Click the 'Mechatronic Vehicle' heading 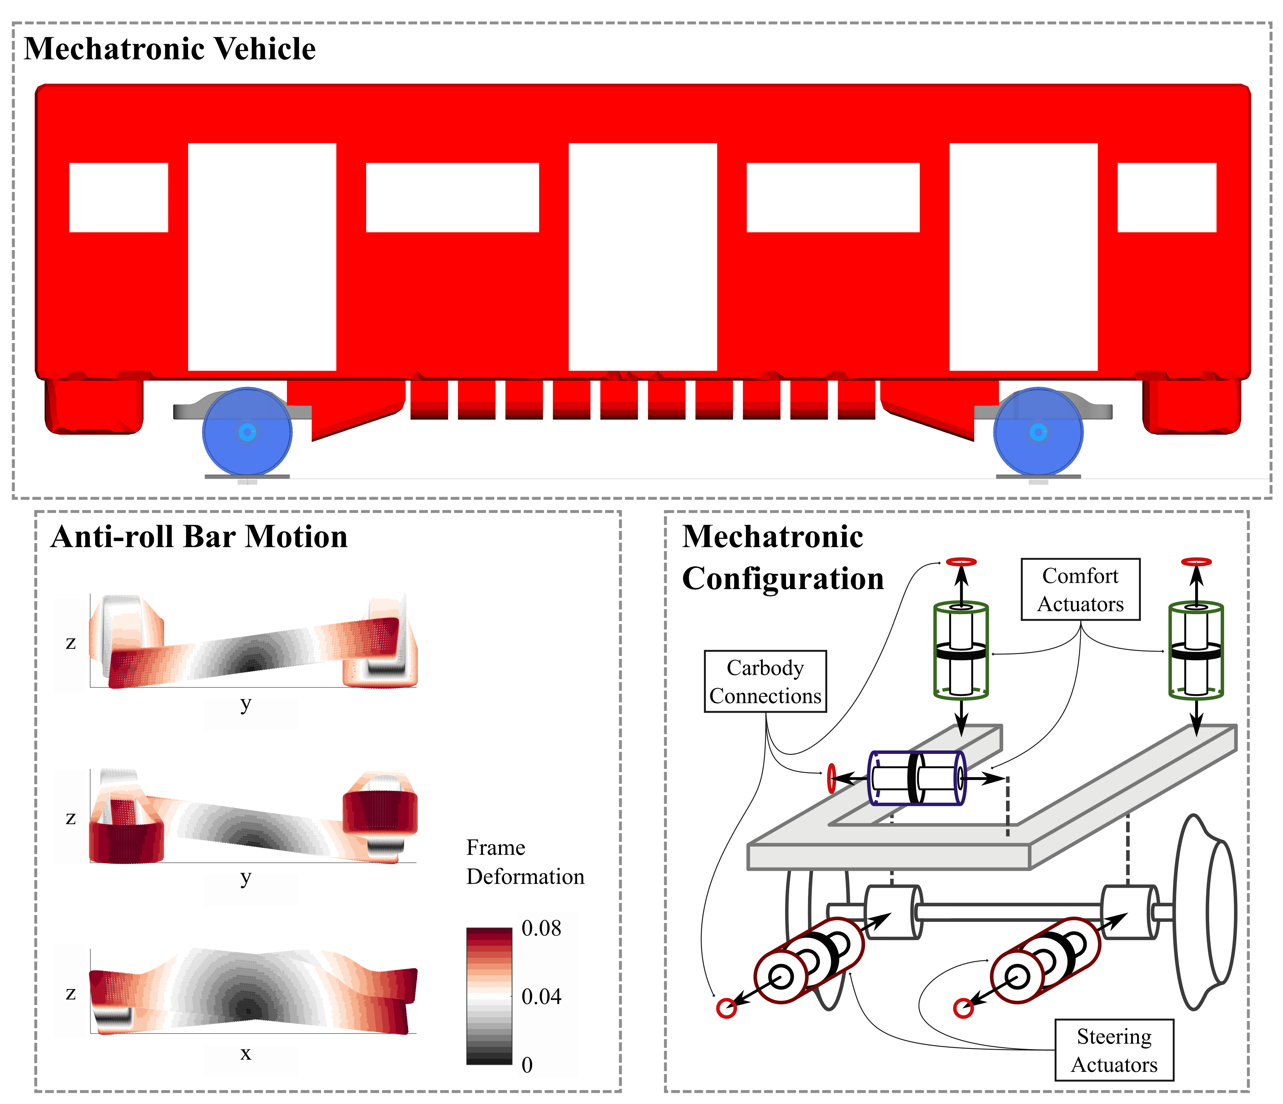click(170, 49)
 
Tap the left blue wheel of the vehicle click(247, 432)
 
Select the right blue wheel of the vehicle click(1039, 432)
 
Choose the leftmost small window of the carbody click(118, 197)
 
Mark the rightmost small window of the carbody click(1167, 197)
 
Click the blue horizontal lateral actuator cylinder click(916, 778)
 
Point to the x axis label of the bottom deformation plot click(246, 1053)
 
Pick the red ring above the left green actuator click(961, 561)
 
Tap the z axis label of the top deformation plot click(71, 643)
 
